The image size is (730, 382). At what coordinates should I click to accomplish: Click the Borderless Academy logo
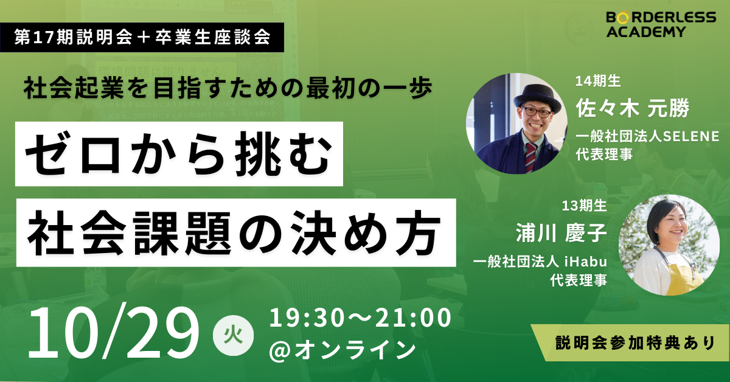click(661, 25)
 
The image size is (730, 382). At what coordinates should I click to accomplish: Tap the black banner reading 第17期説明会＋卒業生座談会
click(142, 37)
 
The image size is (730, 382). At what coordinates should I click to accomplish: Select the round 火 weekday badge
click(233, 335)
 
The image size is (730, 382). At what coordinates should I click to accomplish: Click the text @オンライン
click(342, 350)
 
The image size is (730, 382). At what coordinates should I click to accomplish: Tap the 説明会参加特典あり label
click(635, 343)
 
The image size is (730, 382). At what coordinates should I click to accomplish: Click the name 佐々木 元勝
click(633, 108)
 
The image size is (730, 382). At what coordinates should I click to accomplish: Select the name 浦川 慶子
click(561, 233)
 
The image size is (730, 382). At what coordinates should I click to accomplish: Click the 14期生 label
click(598, 81)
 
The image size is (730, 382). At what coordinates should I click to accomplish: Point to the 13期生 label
click(585, 206)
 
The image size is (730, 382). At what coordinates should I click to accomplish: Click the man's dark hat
click(537, 97)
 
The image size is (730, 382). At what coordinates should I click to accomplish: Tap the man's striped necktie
click(530, 158)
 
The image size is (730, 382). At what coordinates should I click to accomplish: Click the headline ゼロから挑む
click(179, 154)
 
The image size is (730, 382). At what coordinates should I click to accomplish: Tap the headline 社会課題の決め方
click(235, 233)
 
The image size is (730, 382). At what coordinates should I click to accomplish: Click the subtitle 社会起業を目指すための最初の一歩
click(228, 88)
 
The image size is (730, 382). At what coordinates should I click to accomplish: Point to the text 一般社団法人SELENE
click(647, 136)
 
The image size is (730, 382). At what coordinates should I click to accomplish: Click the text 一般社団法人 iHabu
click(540, 262)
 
